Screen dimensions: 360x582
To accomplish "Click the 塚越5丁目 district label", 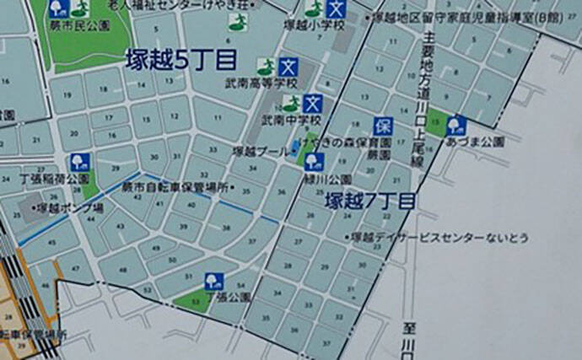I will click(x=180, y=60).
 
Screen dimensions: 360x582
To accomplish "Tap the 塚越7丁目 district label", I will click(x=372, y=201).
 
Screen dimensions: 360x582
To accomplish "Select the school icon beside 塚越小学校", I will click(x=337, y=11).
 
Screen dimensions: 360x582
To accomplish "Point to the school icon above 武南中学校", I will click(x=314, y=104).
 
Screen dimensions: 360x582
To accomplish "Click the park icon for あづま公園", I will click(x=456, y=125).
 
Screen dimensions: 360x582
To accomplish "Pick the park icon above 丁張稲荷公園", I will click(x=78, y=161).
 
